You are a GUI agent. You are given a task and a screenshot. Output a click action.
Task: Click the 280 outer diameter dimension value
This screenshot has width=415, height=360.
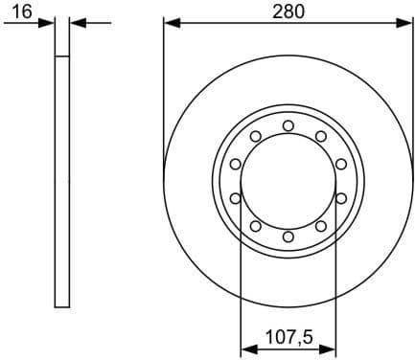pyautogui.click(x=288, y=11)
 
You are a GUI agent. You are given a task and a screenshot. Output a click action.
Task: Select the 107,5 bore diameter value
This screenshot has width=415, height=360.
pyautogui.click(x=288, y=337)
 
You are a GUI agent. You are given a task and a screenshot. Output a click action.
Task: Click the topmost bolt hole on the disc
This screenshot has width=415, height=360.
pyautogui.click(x=288, y=125)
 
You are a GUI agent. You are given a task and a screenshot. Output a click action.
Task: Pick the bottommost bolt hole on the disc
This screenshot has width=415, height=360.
pyautogui.click(x=288, y=236)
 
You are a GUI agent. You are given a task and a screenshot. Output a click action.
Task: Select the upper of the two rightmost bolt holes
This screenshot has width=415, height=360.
pyautogui.click(x=341, y=164)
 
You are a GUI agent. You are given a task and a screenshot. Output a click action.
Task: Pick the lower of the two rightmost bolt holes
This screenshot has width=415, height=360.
pyautogui.click(x=341, y=198)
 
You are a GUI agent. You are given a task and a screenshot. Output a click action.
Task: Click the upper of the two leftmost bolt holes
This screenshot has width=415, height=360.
pyautogui.click(x=236, y=164)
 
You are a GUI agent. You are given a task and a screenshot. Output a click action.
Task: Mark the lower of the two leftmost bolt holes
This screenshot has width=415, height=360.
pyautogui.click(x=236, y=198)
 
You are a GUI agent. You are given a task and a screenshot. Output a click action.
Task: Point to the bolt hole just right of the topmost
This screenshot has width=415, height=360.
pyautogui.click(x=321, y=136)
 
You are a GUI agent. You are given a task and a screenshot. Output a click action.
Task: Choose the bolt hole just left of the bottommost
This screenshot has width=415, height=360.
pyautogui.click(x=256, y=226)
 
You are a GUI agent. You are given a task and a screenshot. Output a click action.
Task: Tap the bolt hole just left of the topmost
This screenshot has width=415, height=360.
pyautogui.click(x=256, y=136)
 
